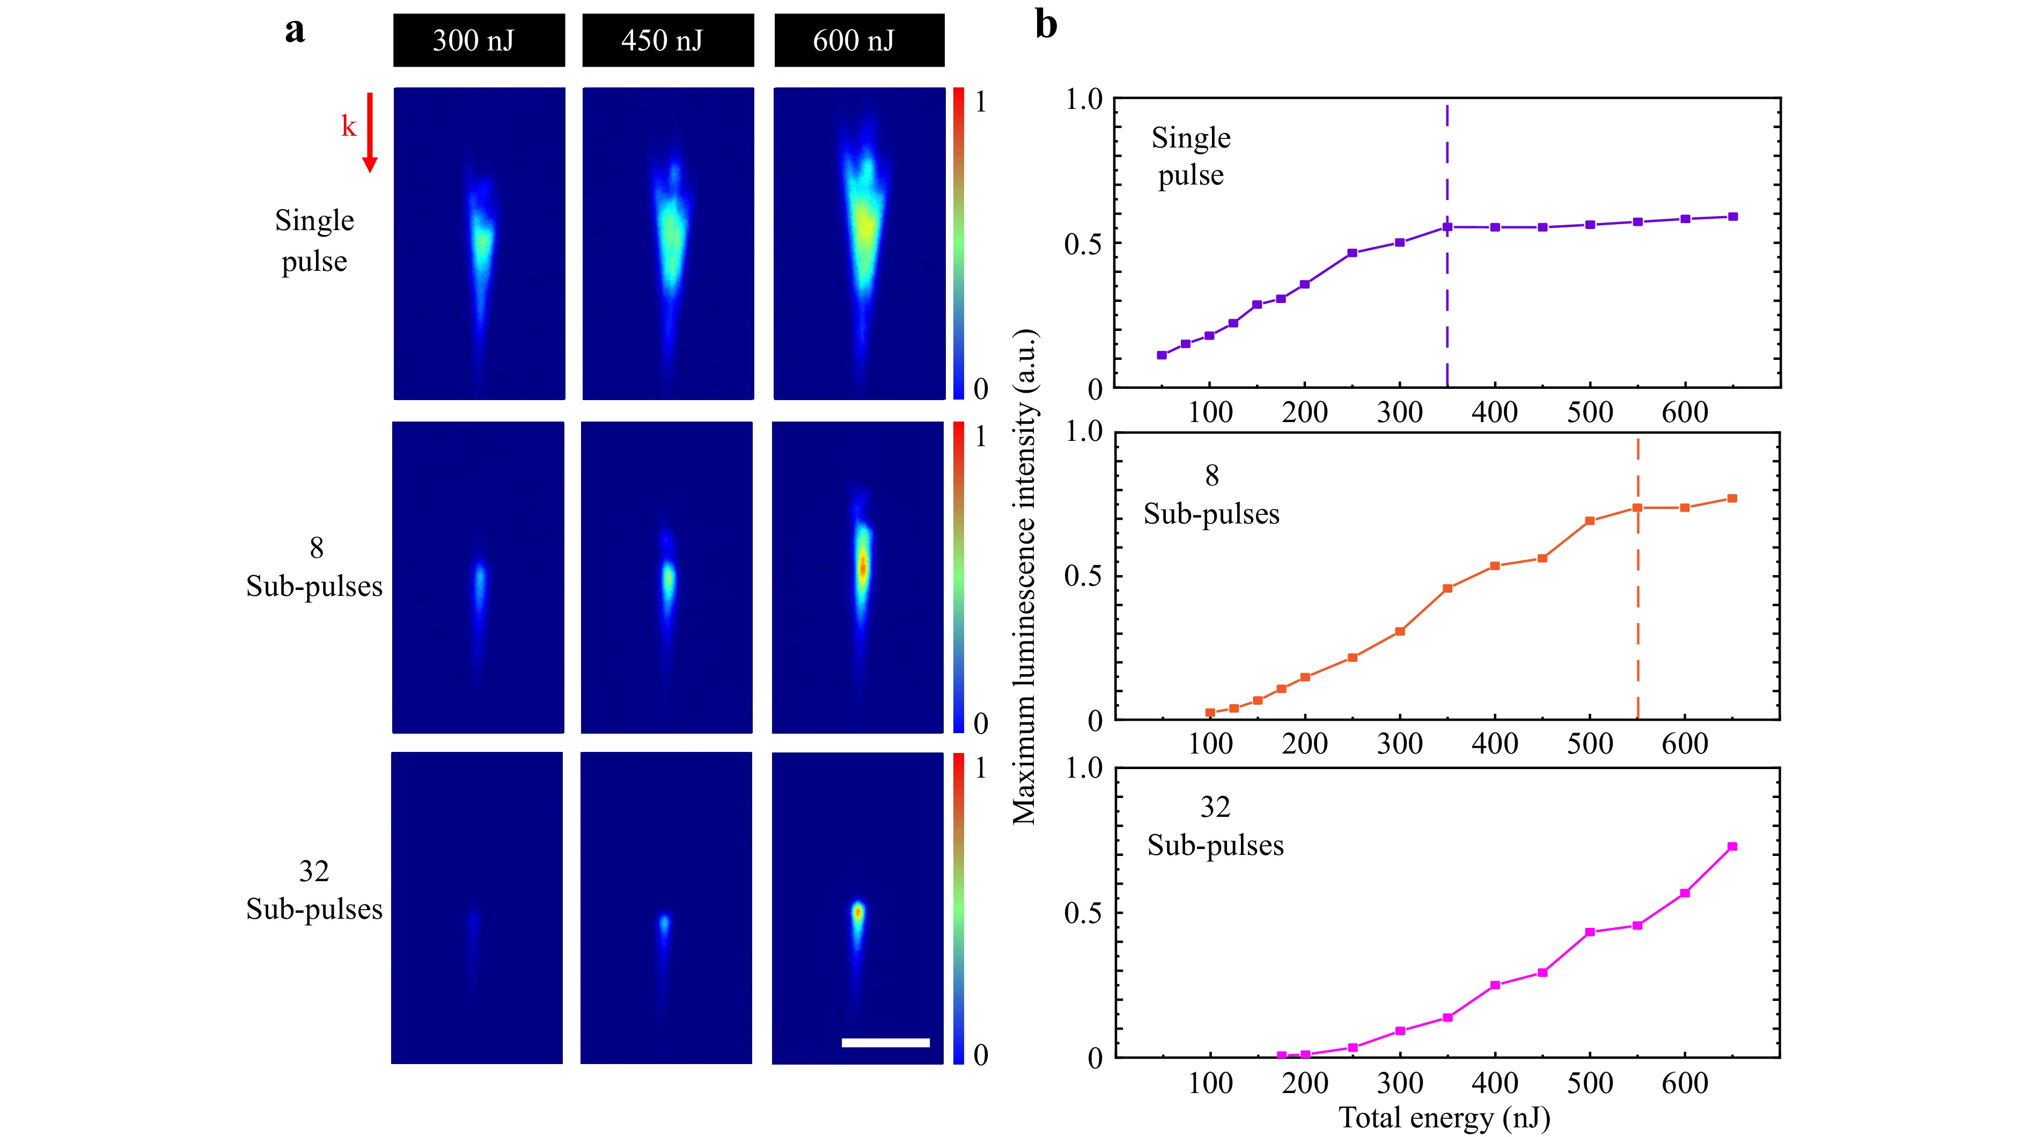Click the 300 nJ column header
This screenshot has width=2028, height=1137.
479,40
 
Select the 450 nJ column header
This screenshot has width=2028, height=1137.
667,40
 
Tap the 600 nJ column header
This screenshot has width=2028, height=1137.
859,40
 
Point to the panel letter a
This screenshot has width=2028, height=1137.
295,31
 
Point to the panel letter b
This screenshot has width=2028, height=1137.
1046,24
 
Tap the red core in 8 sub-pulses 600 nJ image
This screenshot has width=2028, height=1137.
862,565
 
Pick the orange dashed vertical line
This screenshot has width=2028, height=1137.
1637,614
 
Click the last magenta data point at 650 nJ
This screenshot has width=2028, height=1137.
1732,847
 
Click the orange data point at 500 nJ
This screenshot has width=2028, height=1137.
1590,521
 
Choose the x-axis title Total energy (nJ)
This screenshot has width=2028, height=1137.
1445,1117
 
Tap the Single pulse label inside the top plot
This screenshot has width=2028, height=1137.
1191,156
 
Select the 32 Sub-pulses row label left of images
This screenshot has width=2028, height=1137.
313,890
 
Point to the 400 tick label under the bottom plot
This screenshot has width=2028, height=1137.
1494,1083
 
